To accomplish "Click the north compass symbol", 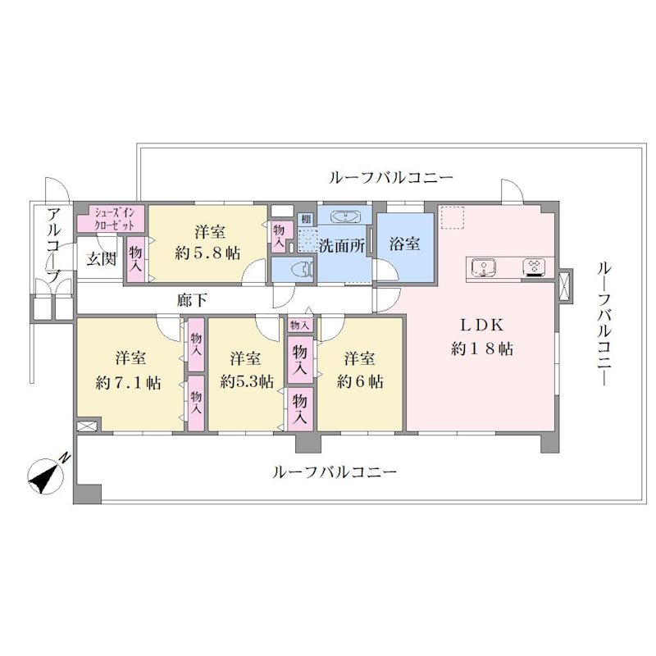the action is tap(45, 476).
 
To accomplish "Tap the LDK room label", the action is tap(482, 325).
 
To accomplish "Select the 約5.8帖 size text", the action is tap(207, 253).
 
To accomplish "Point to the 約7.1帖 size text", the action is tap(129, 382).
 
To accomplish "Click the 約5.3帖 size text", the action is tap(247, 381).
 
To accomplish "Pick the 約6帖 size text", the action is tap(360, 381).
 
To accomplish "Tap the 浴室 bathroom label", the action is tap(404, 244).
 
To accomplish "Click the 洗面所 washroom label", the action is tap(342, 245).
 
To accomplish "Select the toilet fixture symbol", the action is tap(300, 270).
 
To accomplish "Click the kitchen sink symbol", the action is tap(483, 267).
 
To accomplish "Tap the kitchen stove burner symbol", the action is tap(535, 268).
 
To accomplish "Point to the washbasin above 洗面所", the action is tap(345, 216).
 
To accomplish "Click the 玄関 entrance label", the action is tap(101, 259).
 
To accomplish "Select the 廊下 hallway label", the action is tap(192, 300).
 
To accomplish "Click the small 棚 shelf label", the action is tap(306, 219).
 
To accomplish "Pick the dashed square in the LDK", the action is tap(453, 217).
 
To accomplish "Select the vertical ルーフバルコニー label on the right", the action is tap(604, 324).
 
